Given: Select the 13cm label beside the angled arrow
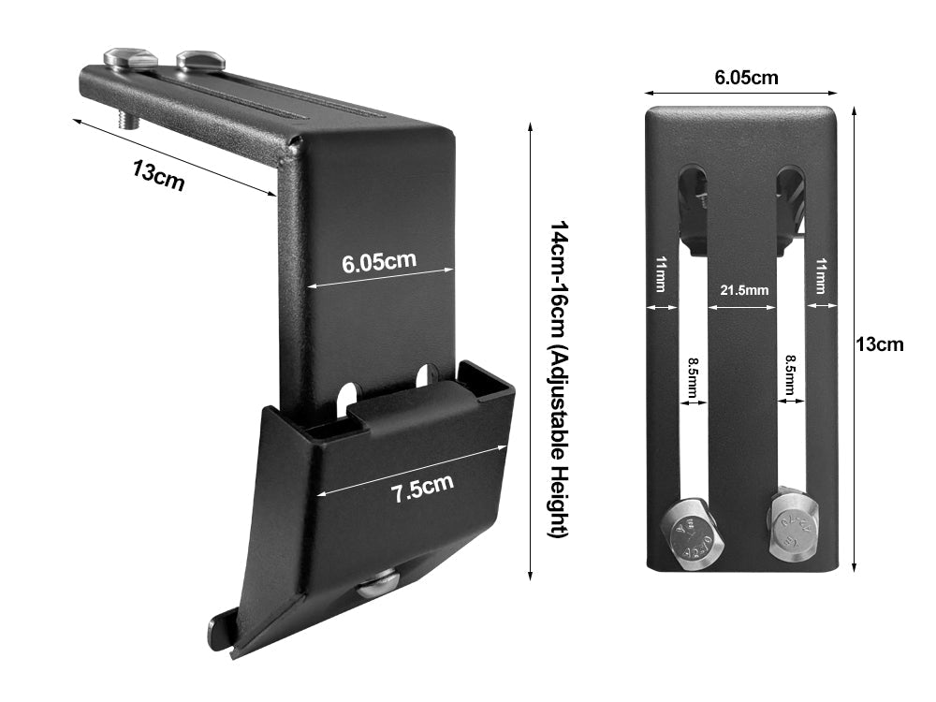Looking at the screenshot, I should coord(158,175).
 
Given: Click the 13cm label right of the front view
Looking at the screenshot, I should coord(881,344).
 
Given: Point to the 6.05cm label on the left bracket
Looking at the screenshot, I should coord(378,261).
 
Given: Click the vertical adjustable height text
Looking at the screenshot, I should coord(559,379).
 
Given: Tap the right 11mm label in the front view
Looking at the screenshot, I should coord(821,277).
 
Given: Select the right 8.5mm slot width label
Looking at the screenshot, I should coord(791,377).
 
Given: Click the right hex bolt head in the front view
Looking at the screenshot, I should coord(794,527).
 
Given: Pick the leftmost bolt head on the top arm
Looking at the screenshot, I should coord(130,58).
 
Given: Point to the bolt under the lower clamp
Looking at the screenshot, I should coord(378,587).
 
